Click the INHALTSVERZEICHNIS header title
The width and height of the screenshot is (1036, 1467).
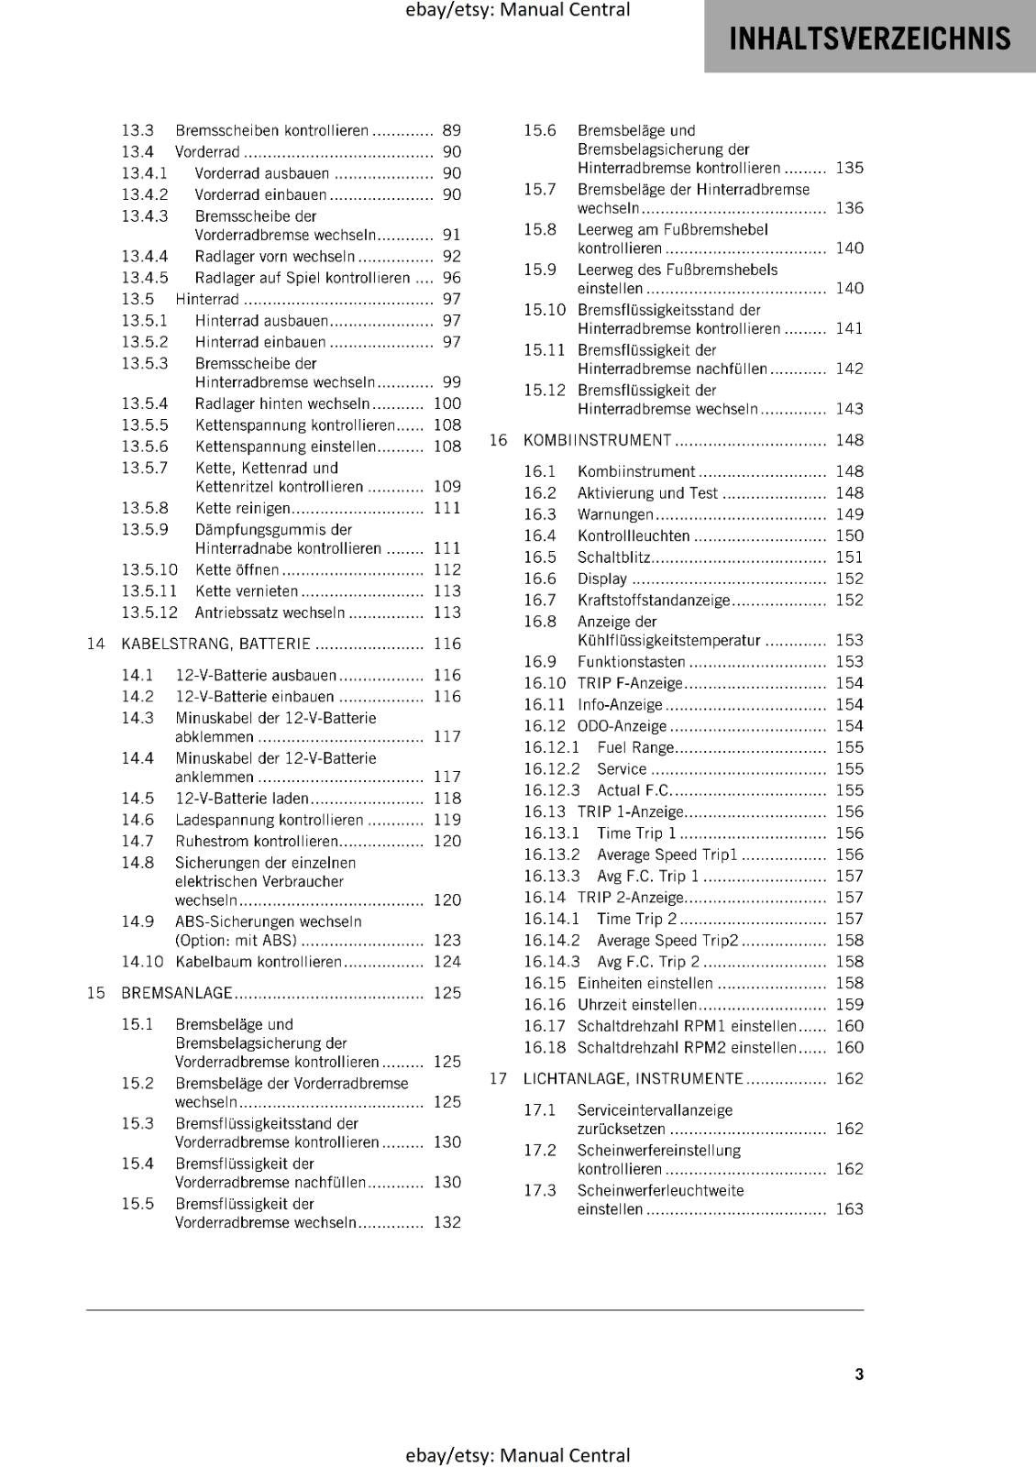point(869,39)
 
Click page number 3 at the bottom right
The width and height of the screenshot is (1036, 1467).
point(859,1373)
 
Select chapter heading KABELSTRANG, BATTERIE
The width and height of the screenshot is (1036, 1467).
point(215,644)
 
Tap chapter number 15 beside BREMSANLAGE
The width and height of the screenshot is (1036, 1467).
point(96,993)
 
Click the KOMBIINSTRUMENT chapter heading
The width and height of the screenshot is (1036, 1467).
point(597,440)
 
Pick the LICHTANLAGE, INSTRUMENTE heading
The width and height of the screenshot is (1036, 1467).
point(633,1078)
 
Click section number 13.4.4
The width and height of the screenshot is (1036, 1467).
point(145,256)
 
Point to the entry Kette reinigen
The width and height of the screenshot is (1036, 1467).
point(242,508)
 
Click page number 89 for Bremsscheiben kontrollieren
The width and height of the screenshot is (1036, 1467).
point(451,131)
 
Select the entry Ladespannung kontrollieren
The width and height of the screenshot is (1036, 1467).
point(269,820)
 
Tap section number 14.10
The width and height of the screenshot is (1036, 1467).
point(142,962)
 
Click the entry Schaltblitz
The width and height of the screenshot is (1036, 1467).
point(613,557)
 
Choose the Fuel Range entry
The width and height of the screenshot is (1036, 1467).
point(634,747)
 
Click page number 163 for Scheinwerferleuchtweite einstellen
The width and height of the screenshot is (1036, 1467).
point(849,1209)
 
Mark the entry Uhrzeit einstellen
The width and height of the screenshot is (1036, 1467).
point(636,1005)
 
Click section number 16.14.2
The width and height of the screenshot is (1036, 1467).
point(552,941)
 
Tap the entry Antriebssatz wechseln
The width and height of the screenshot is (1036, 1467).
point(270,612)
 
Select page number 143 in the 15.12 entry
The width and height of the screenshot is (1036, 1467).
point(849,409)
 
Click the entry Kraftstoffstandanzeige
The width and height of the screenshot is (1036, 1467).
point(653,601)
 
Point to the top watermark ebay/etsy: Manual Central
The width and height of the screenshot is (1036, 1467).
point(517,10)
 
